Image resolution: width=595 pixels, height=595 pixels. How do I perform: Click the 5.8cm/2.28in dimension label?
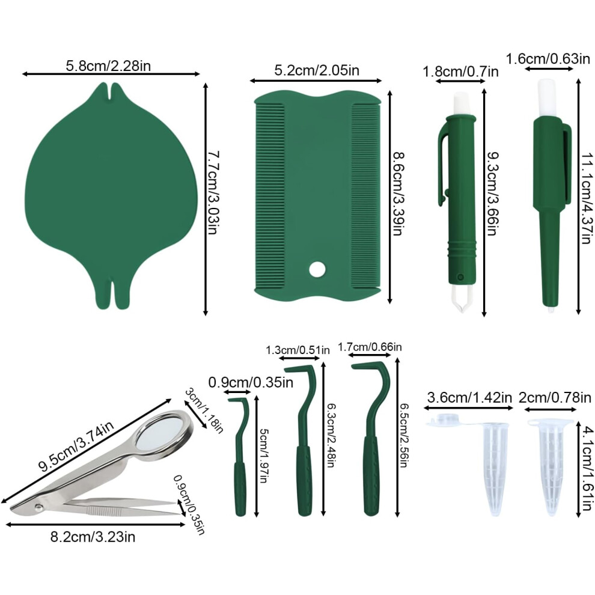[108, 66]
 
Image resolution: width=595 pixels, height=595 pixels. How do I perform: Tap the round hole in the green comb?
[317, 269]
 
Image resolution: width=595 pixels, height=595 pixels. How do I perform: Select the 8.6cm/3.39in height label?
[398, 194]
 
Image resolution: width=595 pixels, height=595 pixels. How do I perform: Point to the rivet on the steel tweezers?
[38, 507]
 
